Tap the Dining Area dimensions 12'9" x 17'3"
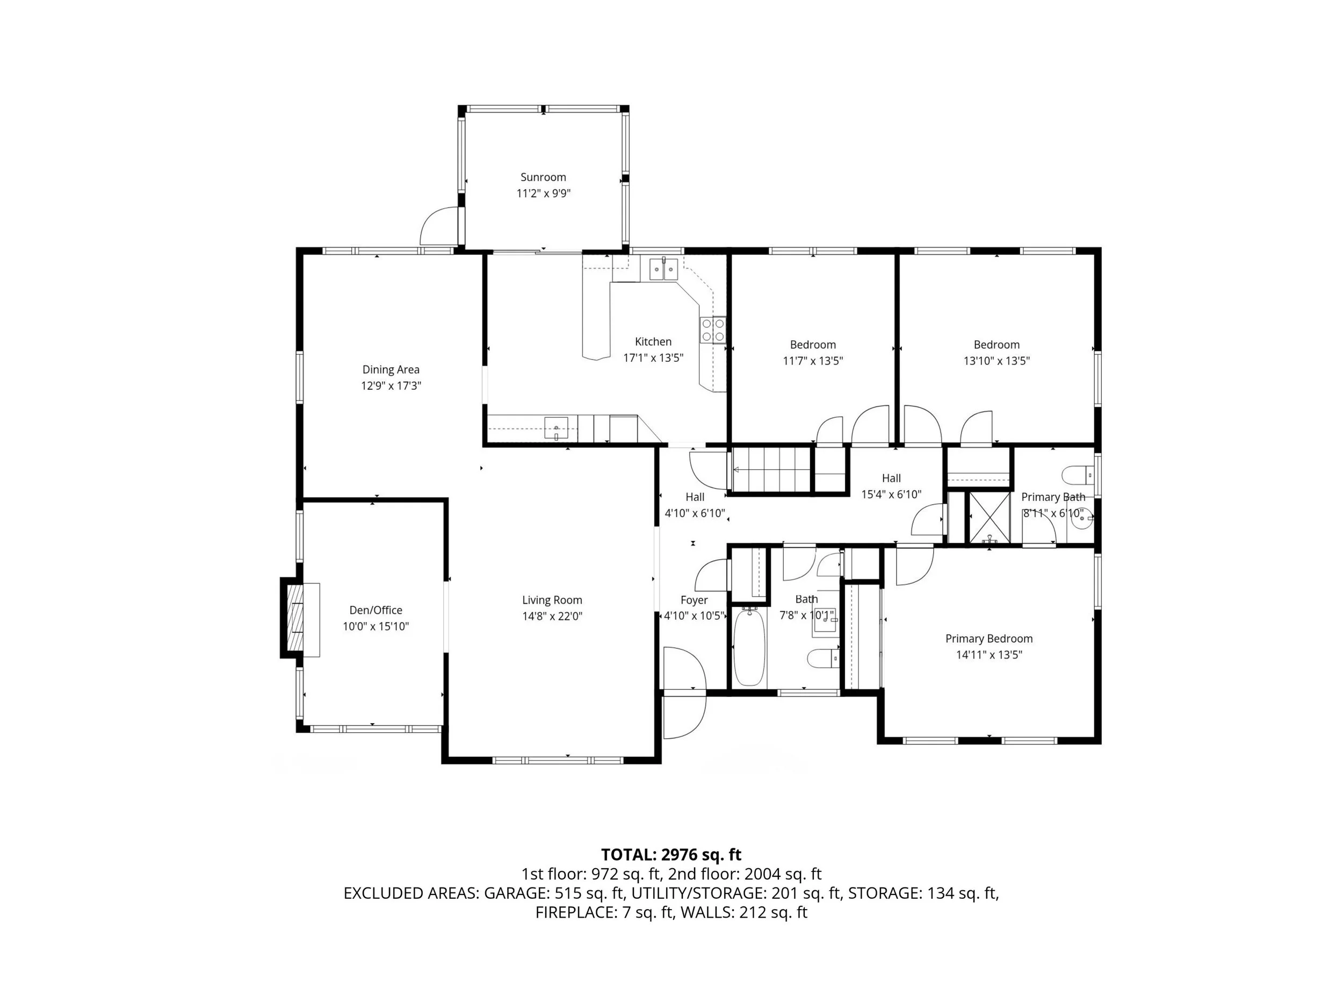391,385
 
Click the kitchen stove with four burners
713,330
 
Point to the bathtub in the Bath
749,647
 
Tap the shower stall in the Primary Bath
989,518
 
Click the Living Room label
552,600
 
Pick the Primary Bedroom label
988,639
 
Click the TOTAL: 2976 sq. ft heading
671,855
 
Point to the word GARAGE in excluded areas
517,893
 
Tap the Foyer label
694,600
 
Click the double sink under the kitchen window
663,269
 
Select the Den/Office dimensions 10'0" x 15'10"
376,626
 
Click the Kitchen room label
653,341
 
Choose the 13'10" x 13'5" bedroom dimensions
997,360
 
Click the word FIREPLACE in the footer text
574,913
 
